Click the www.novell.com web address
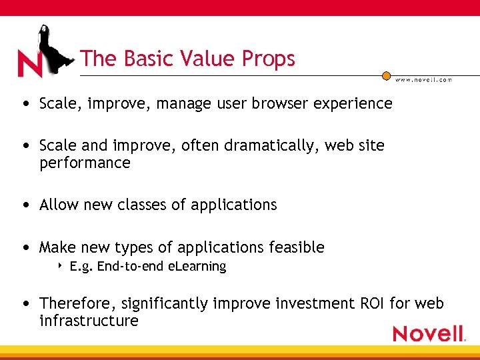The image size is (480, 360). pos(423,80)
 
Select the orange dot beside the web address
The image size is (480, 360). pos(386,76)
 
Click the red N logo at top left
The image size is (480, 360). pos(29,65)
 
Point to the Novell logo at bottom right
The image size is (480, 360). pos(428,333)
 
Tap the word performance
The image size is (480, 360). pos(85,163)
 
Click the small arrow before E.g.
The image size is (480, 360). pos(61,267)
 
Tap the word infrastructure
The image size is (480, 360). pos(89,321)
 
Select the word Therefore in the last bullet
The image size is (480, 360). pos(77,303)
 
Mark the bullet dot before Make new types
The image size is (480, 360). pos(25,248)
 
